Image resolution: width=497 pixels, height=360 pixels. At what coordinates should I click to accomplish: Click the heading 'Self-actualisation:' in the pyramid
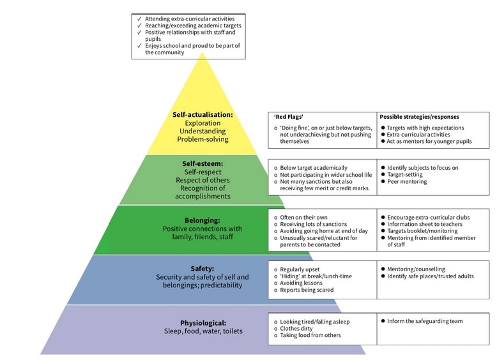[203, 115]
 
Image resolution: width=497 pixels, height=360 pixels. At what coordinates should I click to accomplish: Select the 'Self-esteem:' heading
[203, 163]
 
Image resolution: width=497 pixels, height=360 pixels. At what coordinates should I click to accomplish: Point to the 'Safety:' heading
[203, 269]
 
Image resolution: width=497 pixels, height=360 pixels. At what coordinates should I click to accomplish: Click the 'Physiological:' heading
[203, 323]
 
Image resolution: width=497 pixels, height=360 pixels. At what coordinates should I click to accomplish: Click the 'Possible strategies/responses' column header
[419, 117]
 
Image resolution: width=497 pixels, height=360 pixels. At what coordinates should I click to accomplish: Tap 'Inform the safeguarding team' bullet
[424, 321]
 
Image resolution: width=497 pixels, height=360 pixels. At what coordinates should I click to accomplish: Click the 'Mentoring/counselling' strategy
[416, 269]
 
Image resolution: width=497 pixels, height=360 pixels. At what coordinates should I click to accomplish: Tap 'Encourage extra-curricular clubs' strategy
[428, 218]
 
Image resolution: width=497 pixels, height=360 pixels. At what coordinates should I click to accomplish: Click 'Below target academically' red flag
[314, 168]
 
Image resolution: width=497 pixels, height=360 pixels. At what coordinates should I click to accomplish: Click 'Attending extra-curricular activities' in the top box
[189, 19]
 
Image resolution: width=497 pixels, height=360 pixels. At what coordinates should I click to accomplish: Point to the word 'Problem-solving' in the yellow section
[203, 139]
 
